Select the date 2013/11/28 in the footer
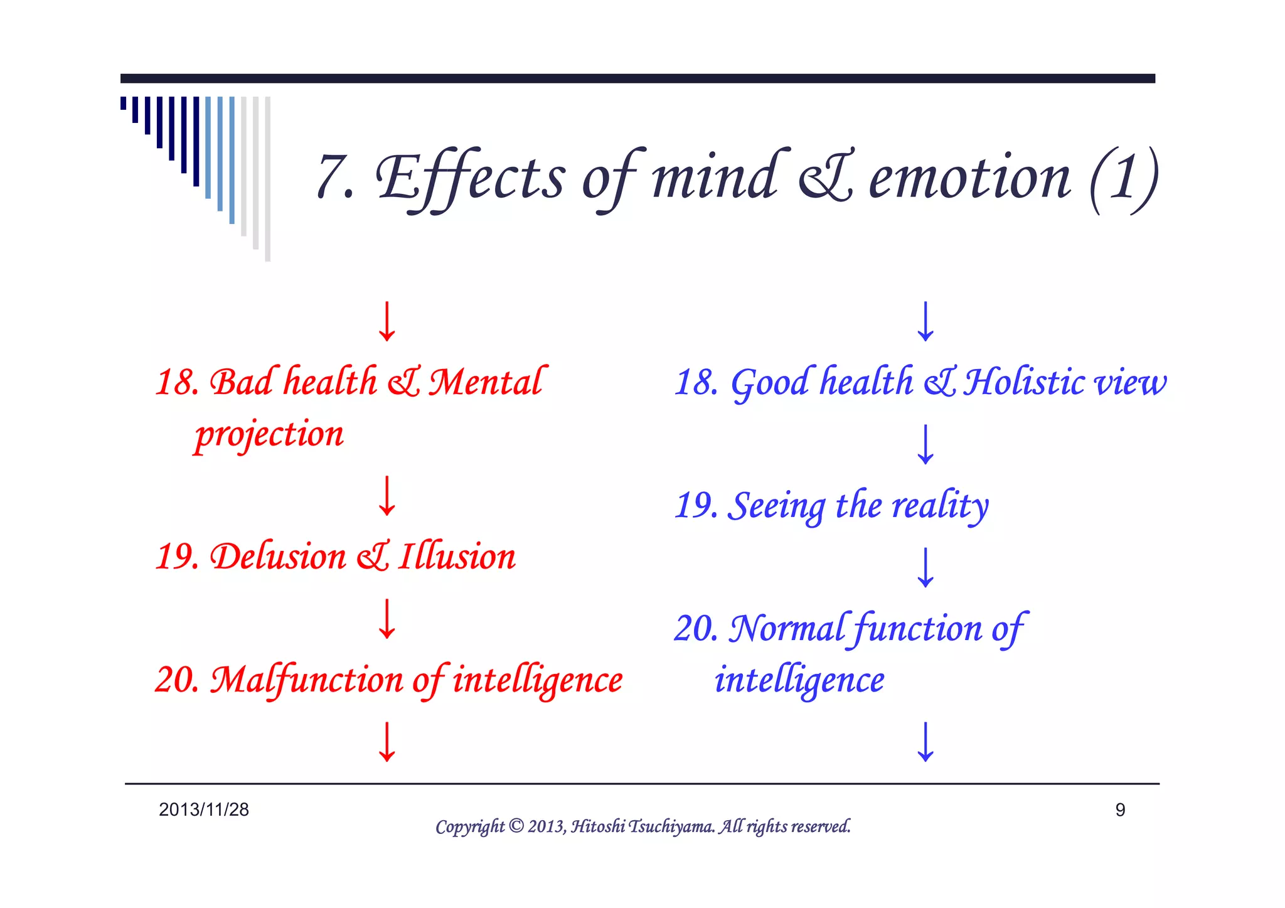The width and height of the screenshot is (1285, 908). pos(204,809)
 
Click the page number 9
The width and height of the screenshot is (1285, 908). pos(1120,810)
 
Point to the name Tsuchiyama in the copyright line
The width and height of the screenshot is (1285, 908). pos(671,826)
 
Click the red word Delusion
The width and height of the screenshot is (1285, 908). pos(278,557)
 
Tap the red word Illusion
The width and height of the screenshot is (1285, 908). pos(457,557)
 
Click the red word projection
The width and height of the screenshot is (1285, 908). pos(269,434)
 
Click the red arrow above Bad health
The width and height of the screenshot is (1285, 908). pos(387,321)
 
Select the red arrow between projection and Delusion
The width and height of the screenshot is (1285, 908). pos(387,496)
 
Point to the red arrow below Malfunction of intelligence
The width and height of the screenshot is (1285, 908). pos(387,742)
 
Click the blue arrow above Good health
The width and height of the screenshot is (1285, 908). pos(925,321)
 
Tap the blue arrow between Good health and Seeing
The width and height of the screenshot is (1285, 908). pos(925,444)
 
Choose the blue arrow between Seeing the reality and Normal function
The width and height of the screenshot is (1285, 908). pos(925,567)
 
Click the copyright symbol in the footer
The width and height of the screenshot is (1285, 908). pos(516,826)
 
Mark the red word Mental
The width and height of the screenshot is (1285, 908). pos(486,382)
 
